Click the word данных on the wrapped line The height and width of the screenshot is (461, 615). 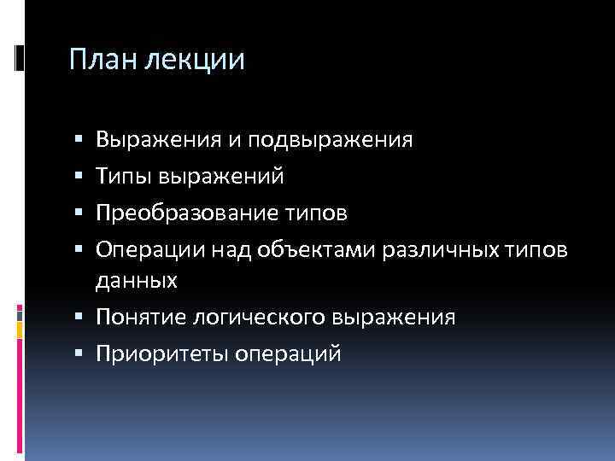coord(136,279)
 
